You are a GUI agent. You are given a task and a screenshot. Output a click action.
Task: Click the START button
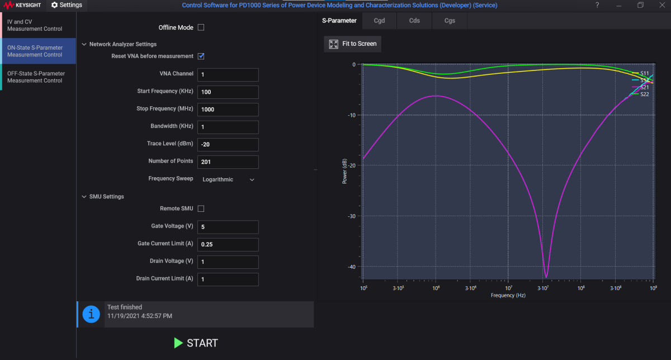(x=196, y=343)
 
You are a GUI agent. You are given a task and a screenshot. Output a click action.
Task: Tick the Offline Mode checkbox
(x=201, y=27)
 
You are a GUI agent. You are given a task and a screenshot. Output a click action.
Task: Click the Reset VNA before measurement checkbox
(x=201, y=56)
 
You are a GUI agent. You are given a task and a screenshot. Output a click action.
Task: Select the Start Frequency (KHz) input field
(x=228, y=92)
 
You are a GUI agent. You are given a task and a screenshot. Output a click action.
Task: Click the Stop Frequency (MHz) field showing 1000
(x=228, y=109)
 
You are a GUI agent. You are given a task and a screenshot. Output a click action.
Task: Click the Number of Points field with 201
(x=228, y=162)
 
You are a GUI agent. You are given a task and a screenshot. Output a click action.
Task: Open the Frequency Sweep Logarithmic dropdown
(x=228, y=179)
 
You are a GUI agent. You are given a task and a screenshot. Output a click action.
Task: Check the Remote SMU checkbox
(x=201, y=209)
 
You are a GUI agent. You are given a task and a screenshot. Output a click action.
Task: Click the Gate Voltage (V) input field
(x=228, y=227)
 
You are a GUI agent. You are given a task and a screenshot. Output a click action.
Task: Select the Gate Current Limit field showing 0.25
(x=228, y=244)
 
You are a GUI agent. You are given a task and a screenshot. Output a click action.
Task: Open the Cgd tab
(x=380, y=21)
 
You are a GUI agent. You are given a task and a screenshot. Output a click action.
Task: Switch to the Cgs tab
(x=450, y=21)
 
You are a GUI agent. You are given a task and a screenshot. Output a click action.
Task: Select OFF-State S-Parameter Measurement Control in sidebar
(x=36, y=77)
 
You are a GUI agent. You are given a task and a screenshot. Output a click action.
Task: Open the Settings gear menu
(x=67, y=5)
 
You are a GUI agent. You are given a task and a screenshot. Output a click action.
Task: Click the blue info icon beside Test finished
(x=91, y=314)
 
